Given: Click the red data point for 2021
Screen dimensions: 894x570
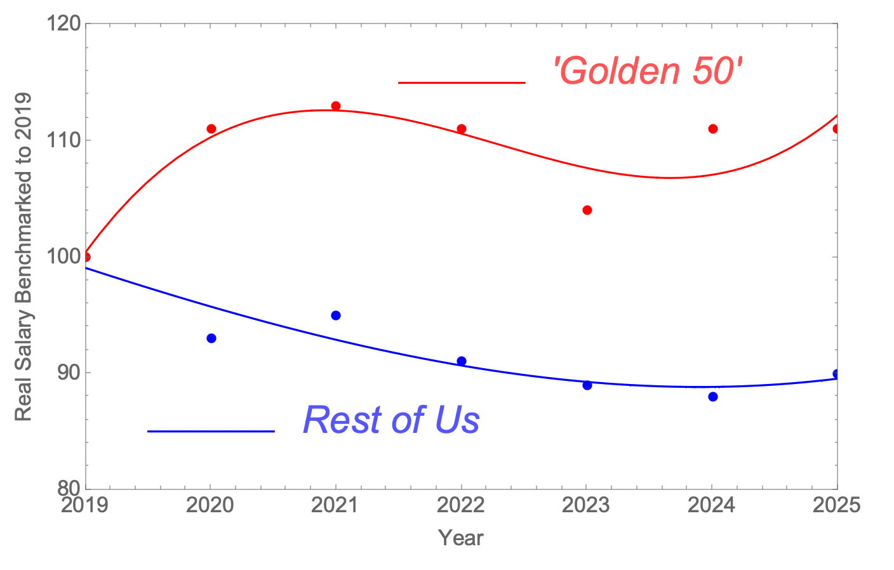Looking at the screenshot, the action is pyautogui.click(x=336, y=106).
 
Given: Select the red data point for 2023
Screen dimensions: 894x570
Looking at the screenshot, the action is pyautogui.click(x=587, y=210).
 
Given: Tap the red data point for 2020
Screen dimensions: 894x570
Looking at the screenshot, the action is pyautogui.click(x=211, y=129).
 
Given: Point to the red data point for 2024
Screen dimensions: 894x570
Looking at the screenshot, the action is pyautogui.click(x=713, y=129).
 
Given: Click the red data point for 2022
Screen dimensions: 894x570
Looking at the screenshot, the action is pyautogui.click(x=462, y=129).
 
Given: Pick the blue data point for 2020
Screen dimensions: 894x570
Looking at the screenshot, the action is pyautogui.click(x=211, y=338).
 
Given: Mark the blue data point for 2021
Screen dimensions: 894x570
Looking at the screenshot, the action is pyautogui.click(x=336, y=315).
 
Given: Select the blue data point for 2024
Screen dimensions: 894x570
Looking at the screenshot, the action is pyautogui.click(x=713, y=397).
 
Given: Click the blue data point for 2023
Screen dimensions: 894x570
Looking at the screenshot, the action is pyautogui.click(x=587, y=385).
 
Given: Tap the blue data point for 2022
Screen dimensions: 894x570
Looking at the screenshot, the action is pyautogui.click(x=462, y=361).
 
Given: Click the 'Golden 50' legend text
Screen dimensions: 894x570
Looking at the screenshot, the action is pyautogui.click(x=647, y=70).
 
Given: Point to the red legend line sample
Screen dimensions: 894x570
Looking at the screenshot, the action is pyautogui.click(x=462, y=83).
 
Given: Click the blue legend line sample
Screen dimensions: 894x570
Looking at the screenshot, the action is pyautogui.click(x=211, y=431).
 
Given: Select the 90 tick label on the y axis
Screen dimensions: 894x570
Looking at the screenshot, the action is pyautogui.click(x=69, y=373).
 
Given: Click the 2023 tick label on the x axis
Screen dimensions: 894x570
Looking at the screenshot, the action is pyautogui.click(x=586, y=505).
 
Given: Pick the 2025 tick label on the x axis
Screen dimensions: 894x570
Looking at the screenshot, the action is pyautogui.click(x=836, y=505).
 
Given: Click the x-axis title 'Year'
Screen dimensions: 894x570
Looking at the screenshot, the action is pyautogui.click(x=461, y=538).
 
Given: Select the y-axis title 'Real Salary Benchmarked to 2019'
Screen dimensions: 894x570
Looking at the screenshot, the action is pyautogui.click(x=23, y=256).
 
